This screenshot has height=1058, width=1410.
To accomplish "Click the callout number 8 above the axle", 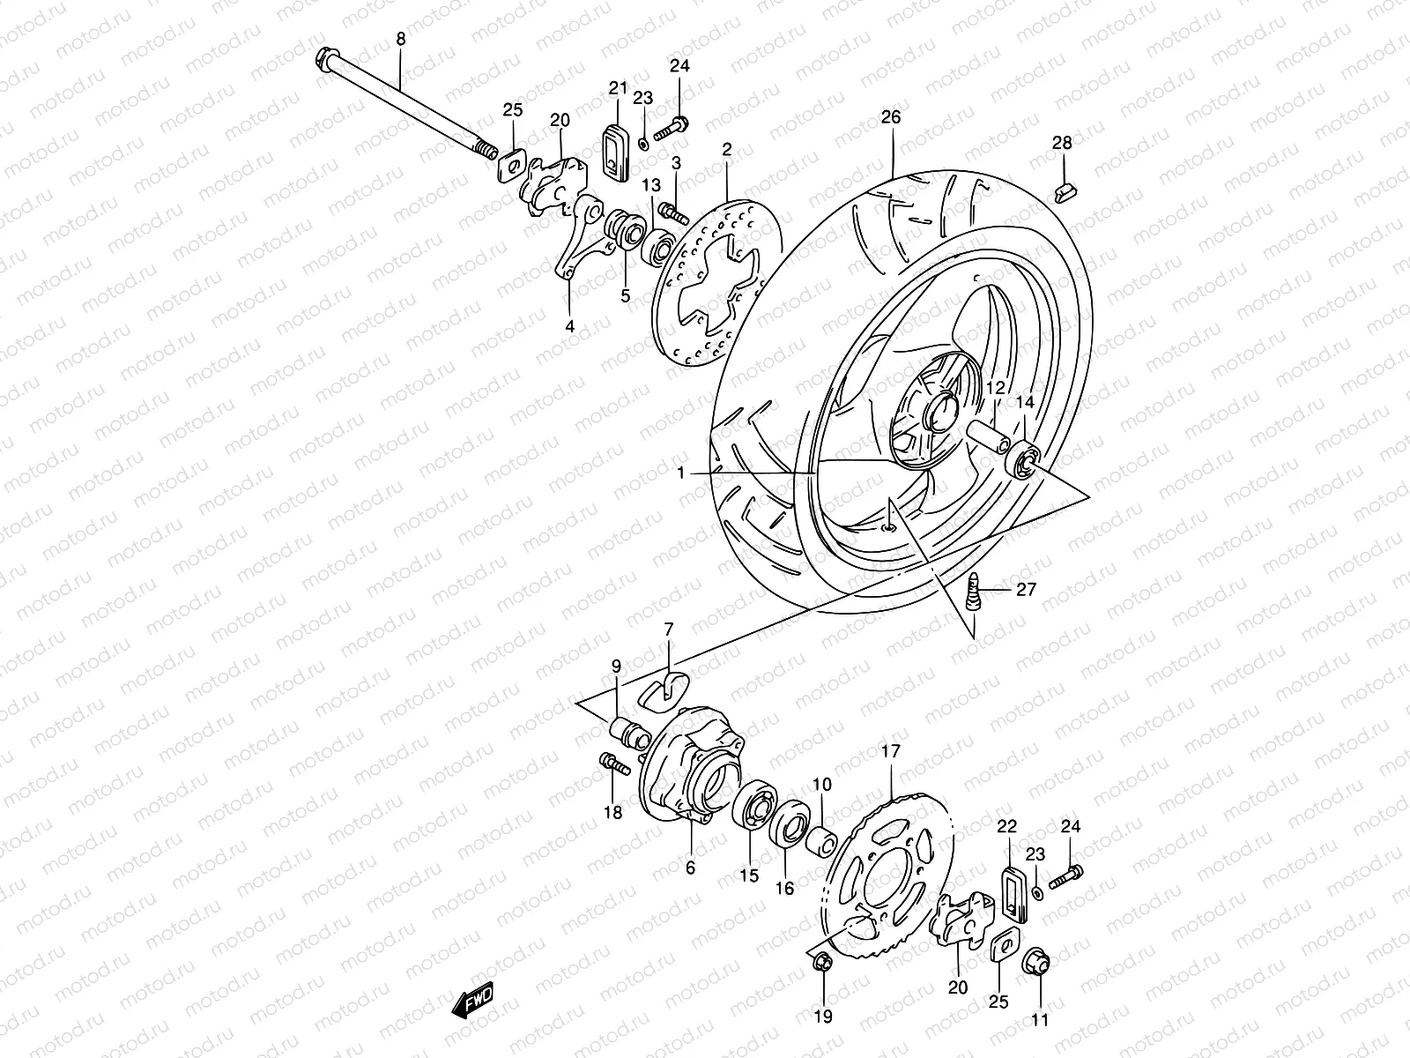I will pyautogui.click(x=401, y=39).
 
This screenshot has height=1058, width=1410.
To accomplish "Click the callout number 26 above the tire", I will pyautogui.click(x=891, y=116).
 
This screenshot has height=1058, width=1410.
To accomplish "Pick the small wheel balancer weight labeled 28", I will pyautogui.click(x=1065, y=190).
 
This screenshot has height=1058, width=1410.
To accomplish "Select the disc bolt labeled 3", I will pyautogui.click(x=676, y=213).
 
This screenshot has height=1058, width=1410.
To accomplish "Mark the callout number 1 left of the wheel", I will pyautogui.click(x=680, y=473).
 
